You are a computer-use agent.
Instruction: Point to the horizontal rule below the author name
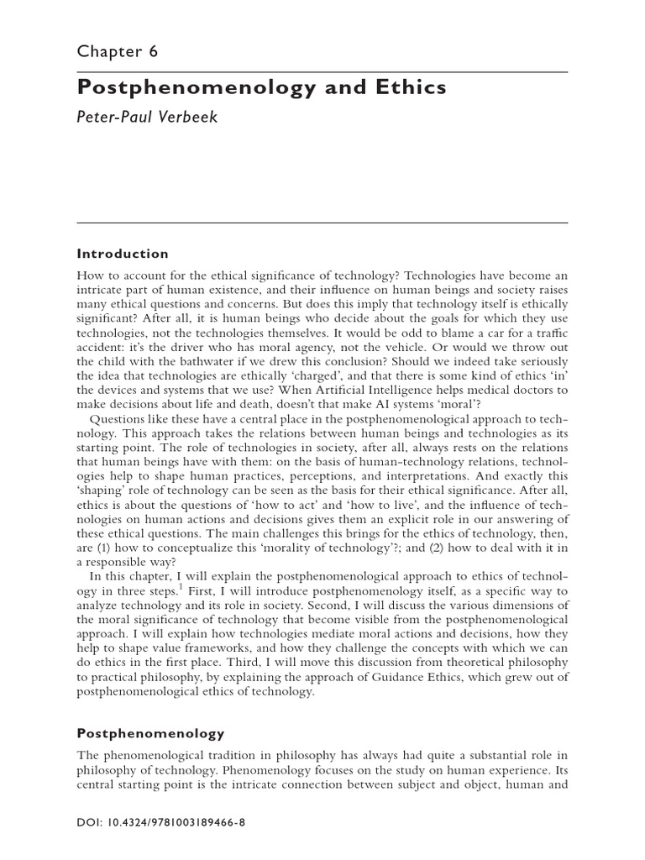pyautogui.click(x=322, y=223)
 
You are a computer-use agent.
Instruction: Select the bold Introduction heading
pyautogui.click(x=123, y=254)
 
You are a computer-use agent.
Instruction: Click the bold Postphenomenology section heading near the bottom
pyautogui.click(x=151, y=733)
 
